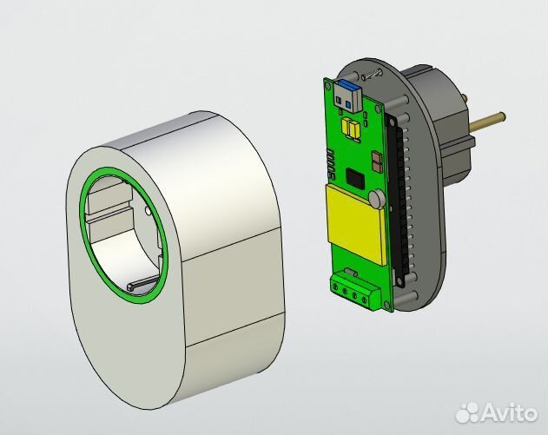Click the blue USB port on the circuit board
point(346,95)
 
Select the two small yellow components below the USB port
point(352,129)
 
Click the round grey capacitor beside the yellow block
point(377,199)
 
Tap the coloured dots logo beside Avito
point(469,408)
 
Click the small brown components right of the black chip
point(375,161)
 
